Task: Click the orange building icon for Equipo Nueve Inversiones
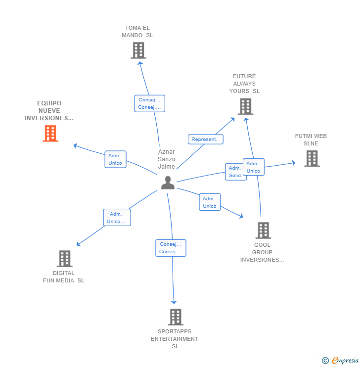point(50,133)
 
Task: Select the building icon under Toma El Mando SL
point(138,50)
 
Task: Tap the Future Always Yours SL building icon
point(245,106)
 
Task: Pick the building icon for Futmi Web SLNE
point(312,158)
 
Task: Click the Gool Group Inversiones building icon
point(263,230)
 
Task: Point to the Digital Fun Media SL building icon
point(65,258)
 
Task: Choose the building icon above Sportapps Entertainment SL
point(176,317)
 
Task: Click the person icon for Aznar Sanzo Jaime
point(168,183)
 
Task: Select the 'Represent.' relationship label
point(205,139)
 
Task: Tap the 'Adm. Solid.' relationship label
point(235,172)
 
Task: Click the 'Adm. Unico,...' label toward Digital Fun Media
point(117,218)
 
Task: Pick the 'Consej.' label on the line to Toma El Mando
point(149,103)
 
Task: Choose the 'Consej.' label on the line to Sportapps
point(171,248)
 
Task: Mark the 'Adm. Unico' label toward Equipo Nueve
point(115,159)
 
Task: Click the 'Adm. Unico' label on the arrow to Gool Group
point(210,202)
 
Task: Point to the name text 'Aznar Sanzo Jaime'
point(167,159)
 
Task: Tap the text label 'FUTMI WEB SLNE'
point(311,140)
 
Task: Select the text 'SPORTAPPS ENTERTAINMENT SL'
point(175,339)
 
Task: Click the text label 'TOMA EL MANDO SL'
point(137,32)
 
